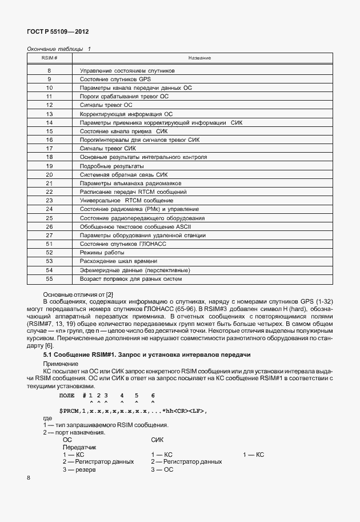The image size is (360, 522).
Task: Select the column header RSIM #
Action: pos(49,58)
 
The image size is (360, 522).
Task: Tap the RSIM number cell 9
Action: pos(49,79)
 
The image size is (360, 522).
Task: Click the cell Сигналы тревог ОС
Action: pos(106,105)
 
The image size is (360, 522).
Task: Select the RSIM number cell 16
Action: pos(49,140)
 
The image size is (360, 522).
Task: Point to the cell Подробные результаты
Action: pos(107,165)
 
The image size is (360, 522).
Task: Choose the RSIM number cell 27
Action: pos(49,235)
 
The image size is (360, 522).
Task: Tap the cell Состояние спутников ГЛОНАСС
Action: pos(122,244)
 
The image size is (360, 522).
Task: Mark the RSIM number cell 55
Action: pos(49,279)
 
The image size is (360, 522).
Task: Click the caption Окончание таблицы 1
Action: pos(59,49)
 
